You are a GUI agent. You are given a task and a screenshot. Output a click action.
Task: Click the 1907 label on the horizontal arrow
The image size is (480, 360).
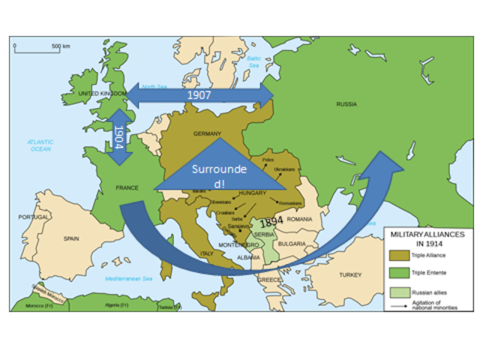click(x=199, y=96)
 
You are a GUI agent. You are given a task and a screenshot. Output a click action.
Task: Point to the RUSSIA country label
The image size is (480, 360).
click(x=346, y=104)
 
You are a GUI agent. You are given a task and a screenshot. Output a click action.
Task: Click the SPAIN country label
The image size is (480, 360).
click(x=71, y=238)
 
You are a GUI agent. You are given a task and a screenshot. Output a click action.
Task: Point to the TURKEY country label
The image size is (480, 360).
click(x=349, y=275)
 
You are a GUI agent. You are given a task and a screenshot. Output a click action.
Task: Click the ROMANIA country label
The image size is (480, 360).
click(x=298, y=218)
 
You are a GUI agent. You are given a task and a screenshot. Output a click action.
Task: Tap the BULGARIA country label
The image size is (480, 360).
click(x=292, y=244)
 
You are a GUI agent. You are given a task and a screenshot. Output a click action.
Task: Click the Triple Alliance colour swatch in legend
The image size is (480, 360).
click(x=400, y=256)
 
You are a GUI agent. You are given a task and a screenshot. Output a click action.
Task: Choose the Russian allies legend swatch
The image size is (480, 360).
click(x=400, y=291)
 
